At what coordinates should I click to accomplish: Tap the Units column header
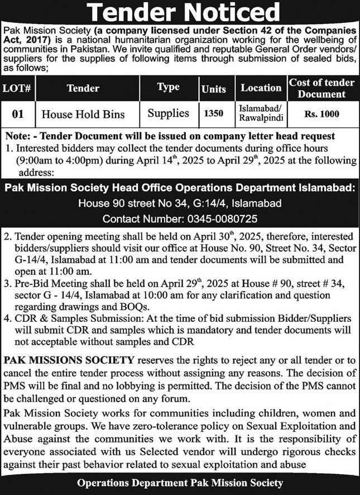pyautogui.click(x=213, y=89)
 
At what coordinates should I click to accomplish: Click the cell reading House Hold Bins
pyautogui.click(x=84, y=115)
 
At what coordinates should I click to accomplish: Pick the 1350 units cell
pyautogui.click(x=213, y=114)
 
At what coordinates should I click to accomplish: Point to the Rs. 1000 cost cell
pyautogui.click(x=321, y=114)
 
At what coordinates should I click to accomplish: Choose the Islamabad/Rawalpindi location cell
pyautogui.click(x=261, y=114)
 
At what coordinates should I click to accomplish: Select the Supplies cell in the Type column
pyautogui.click(x=168, y=113)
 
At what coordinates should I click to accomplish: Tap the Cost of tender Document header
pyautogui.click(x=321, y=88)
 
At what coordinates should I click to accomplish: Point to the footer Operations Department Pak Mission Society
pyautogui.click(x=180, y=483)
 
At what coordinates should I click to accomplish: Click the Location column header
pyautogui.click(x=261, y=88)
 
